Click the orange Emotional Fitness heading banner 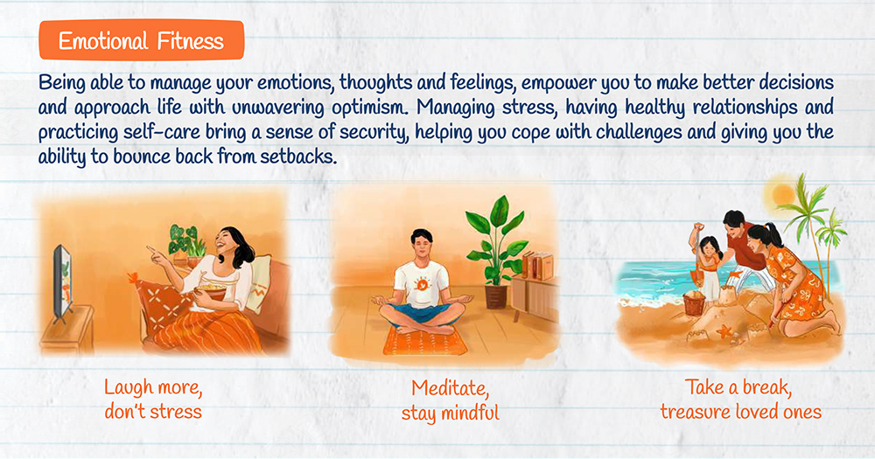point(142,40)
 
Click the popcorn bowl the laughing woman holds point(210,291)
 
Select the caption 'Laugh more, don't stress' point(153,400)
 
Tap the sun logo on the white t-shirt point(423,284)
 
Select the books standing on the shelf point(537,266)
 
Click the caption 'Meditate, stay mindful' point(450,400)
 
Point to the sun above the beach point(783,194)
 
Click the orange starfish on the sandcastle point(724,332)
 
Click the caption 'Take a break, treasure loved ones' point(740,400)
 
